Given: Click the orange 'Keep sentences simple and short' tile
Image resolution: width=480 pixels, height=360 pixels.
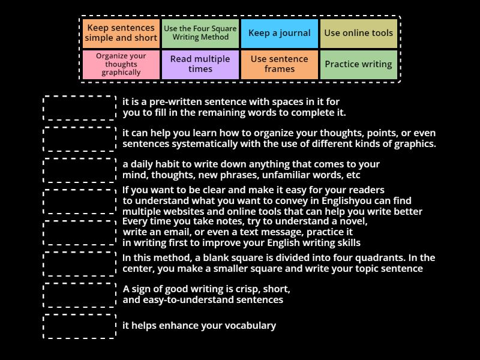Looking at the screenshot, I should [121, 33].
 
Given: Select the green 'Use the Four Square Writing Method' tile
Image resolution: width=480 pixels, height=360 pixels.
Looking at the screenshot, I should [200, 33].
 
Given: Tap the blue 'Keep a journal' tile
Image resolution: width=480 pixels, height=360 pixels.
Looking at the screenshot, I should [279, 33].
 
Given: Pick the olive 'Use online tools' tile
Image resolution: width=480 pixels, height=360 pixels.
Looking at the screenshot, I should [358, 33].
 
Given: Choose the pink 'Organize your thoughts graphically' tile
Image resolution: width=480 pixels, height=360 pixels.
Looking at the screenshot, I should [121, 64].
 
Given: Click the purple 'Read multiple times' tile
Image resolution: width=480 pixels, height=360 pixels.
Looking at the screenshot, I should [200, 64].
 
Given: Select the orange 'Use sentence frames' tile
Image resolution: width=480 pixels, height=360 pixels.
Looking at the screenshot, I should [279, 64].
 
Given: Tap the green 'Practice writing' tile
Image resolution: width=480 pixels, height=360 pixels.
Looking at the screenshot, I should [358, 64].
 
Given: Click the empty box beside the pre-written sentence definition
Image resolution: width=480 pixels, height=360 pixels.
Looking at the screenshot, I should [80, 108].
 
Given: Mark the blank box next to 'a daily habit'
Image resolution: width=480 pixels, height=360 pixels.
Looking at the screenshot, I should [80, 170].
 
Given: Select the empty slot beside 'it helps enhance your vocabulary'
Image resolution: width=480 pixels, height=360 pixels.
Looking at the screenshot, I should [80, 326].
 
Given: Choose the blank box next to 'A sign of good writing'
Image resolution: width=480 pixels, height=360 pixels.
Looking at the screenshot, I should [80, 295].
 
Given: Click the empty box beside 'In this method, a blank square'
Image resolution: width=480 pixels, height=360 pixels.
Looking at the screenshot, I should [80, 264].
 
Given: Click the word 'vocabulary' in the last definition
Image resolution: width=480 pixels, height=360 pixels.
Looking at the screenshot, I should [250, 326].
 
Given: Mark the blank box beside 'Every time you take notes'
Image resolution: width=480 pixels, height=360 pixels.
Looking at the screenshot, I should [80, 233].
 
